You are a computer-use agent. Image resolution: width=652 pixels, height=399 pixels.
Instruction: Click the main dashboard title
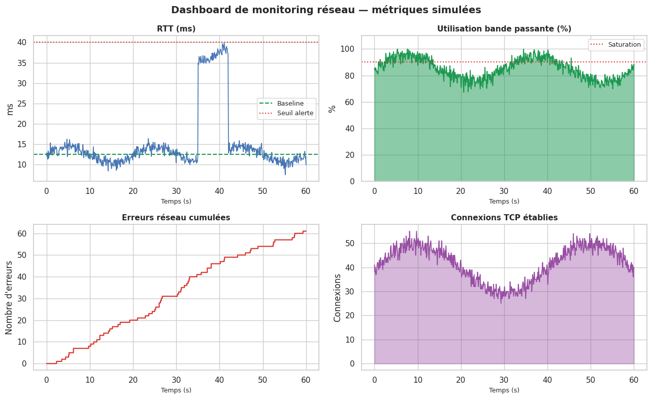tap(326, 10)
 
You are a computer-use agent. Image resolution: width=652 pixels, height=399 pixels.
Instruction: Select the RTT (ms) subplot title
tap(176, 29)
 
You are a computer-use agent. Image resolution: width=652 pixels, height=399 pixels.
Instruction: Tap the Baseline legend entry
tap(290, 104)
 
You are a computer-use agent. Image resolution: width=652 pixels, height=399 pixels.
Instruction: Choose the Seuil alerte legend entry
tap(295, 113)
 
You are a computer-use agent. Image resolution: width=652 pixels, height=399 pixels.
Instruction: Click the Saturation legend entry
tap(624, 45)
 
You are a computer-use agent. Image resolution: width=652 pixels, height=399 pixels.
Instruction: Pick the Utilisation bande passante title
tap(504, 29)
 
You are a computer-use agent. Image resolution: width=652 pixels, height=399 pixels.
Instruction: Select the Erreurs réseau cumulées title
tap(176, 218)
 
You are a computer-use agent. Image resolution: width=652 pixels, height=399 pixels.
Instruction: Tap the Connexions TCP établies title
tap(504, 218)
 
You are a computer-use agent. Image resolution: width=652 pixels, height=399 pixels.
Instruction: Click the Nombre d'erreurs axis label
tap(9, 297)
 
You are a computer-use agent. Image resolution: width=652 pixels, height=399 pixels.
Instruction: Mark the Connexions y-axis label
tap(338, 297)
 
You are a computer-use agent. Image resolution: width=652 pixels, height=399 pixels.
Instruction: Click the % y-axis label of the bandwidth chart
tap(333, 109)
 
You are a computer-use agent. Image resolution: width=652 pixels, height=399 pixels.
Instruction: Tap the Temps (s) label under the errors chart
tap(176, 390)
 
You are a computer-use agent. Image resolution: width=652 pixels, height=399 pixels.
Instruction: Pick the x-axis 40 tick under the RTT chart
tap(219, 191)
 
